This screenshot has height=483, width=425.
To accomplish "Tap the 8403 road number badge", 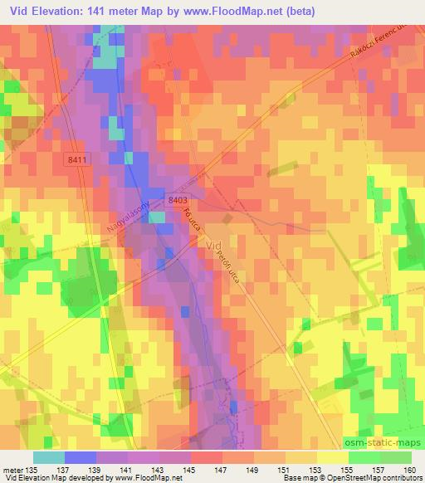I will pyautogui.click(x=177, y=200).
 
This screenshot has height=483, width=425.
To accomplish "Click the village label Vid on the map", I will pyautogui.click(x=213, y=246).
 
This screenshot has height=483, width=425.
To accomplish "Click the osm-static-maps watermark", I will pyautogui.click(x=384, y=442).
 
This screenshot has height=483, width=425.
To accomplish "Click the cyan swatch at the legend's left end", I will pyautogui.click(x=49, y=456).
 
